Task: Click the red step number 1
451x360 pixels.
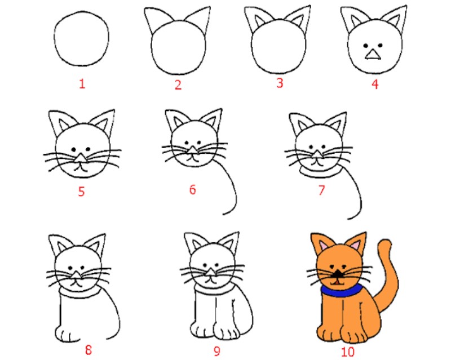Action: pos(82,84)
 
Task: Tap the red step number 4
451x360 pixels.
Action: pos(374,84)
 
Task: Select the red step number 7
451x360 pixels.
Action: pos(321,190)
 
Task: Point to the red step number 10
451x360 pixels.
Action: pos(348,352)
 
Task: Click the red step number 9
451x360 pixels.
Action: pos(217,351)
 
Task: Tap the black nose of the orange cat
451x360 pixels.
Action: pos(338,274)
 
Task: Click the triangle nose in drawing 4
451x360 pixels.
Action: pos(373,54)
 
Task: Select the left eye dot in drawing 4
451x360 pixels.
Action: pos(365,46)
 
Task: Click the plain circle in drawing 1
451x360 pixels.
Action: pos(81,38)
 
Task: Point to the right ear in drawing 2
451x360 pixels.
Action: pos(199,20)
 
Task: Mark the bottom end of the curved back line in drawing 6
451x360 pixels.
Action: pos(223,214)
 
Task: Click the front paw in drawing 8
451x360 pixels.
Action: pos(67,334)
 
